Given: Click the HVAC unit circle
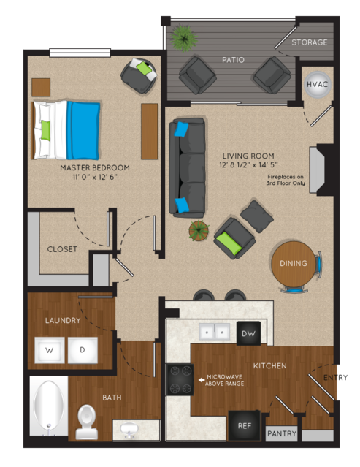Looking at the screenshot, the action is [317, 85].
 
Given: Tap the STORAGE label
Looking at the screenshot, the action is [309, 42].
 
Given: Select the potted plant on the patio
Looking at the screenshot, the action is [183, 37].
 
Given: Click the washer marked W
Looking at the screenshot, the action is [50, 350].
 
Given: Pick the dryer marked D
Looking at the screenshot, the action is [83, 350].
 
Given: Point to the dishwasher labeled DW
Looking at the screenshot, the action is [248, 333].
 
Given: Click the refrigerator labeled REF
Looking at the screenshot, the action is [245, 426].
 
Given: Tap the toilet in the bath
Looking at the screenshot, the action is [87, 422].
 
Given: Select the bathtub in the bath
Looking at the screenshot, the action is [49, 406].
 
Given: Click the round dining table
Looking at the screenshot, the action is [294, 264].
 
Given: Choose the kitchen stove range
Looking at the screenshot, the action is [180, 380].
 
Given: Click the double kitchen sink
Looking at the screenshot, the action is [214, 332].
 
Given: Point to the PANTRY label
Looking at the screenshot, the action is [281, 433].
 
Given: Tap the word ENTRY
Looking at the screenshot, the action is [335, 378].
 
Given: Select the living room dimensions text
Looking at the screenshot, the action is [248, 164].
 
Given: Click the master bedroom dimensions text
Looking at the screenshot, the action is [95, 177].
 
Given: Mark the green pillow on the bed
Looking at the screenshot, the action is [45, 130].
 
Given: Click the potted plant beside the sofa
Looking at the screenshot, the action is [199, 230].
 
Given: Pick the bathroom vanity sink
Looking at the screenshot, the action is [129, 430].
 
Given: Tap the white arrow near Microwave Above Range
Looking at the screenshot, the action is [202, 380].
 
